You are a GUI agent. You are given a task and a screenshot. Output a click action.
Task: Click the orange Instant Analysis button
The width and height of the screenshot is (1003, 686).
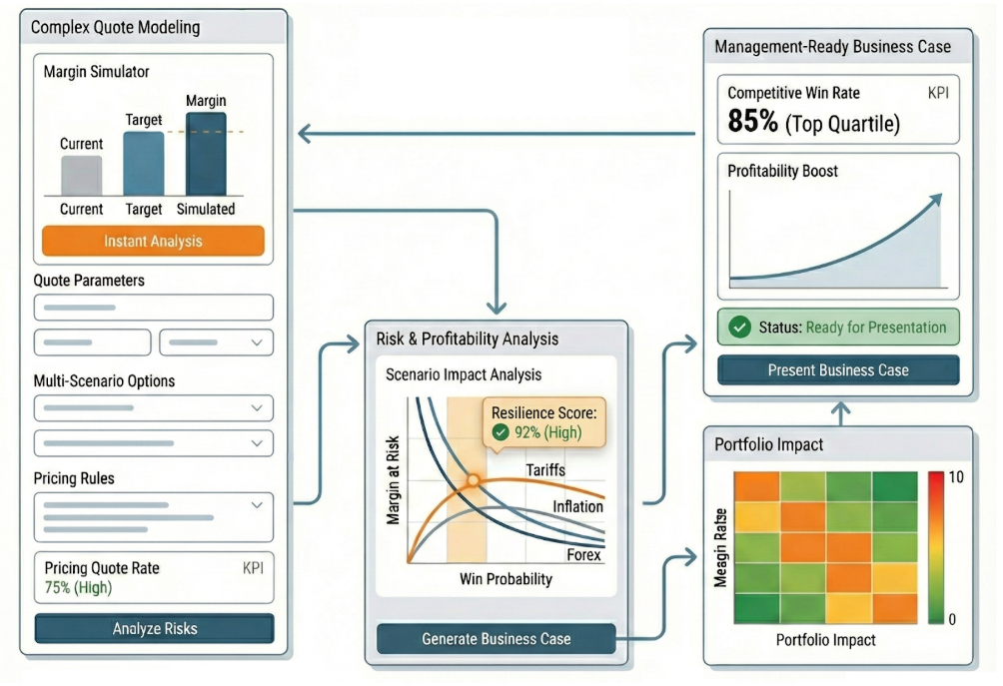(x=153, y=242)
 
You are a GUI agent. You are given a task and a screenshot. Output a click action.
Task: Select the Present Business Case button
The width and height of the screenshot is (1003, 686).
(x=837, y=370)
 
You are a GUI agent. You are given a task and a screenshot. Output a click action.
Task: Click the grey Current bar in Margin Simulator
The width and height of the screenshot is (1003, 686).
(x=81, y=175)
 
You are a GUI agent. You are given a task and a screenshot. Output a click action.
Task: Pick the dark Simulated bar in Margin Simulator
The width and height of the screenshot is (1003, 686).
(x=206, y=154)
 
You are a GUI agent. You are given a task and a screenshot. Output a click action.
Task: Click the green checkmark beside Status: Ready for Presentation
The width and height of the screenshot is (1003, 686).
(x=740, y=328)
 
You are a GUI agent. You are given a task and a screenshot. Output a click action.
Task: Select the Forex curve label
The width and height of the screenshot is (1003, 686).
(x=582, y=555)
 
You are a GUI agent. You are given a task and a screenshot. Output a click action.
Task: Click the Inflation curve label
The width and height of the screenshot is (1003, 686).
(x=578, y=506)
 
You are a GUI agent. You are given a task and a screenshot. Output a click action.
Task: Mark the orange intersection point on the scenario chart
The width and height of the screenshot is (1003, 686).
(x=474, y=481)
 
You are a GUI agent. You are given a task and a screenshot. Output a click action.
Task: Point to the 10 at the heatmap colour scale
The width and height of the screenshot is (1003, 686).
(x=955, y=477)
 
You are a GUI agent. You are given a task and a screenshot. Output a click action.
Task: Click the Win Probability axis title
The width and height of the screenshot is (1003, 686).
(x=505, y=579)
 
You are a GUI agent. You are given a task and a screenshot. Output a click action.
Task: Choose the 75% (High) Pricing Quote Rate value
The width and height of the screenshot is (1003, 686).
(x=78, y=588)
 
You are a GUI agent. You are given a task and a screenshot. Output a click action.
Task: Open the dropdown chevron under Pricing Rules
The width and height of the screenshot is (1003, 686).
(x=257, y=505)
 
